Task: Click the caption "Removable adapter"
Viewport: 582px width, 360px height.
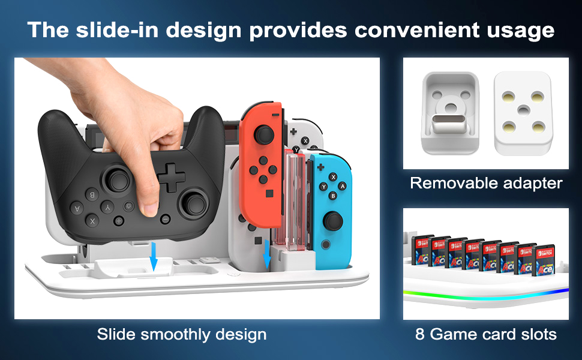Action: pyautogui.click(x=486, y=183)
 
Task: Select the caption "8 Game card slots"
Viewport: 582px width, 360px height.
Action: pyautogui.click(x=486, y=334)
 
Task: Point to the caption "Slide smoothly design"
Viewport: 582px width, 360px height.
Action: pyautogui.click(x=181, y=334)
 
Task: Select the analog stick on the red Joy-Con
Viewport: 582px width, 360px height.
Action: pyautogui.click(x=261, y=134)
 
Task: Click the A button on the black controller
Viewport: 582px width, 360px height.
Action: pyautogui.click(x=77, y=208)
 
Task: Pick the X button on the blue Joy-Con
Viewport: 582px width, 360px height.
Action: pyautogui.click(x=333, y=176)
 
